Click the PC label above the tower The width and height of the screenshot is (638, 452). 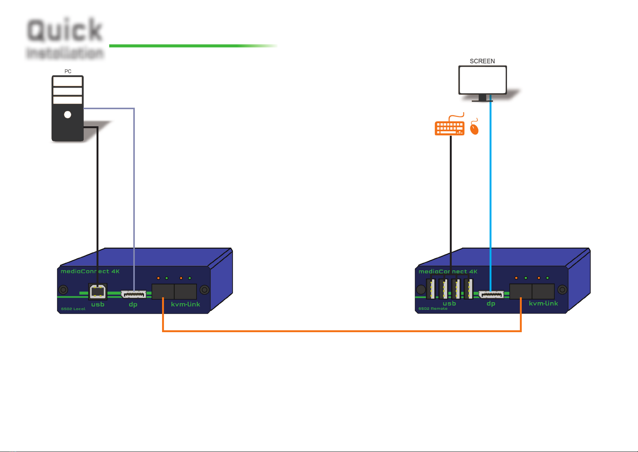68,71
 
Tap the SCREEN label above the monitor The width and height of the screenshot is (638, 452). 482,61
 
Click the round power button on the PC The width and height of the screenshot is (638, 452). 68,115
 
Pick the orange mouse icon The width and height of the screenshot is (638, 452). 474,129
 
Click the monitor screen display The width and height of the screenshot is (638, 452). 482,80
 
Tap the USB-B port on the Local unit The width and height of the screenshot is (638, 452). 98,292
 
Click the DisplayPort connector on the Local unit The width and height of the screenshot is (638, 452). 133,294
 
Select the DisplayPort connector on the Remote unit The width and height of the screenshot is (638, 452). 491,294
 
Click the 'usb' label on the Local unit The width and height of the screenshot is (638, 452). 98,304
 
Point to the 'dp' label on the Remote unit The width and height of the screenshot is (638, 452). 491,304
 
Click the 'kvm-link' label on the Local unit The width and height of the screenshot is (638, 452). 185,304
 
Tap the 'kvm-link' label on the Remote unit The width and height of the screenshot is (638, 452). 543,303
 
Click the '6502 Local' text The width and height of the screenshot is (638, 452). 73,309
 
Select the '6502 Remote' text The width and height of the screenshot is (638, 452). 433,309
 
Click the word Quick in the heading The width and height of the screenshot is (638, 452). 65,30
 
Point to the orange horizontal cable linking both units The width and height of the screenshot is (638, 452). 341,331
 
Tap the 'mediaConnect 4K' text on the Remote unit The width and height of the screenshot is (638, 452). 448,272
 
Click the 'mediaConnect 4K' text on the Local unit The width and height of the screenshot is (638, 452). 90,272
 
